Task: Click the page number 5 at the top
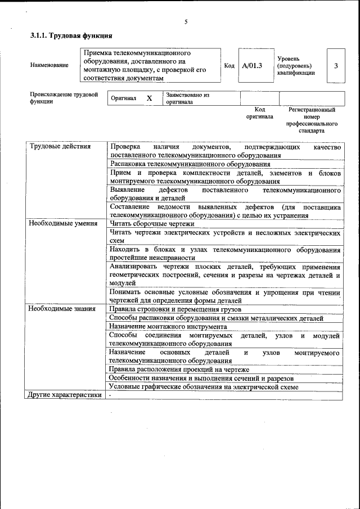(186, 22)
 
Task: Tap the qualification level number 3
(335, 66)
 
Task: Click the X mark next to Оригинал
(149, 98)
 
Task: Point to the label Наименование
(49, 65)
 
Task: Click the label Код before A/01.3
(229, 66)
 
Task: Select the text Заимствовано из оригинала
(187, 98)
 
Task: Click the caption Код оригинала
(259, 113)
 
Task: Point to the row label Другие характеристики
(65, 395)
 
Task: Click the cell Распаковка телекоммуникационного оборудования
(190, 164)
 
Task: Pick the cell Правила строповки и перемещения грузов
(175, 309)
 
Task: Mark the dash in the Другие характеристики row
(111, 395)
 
